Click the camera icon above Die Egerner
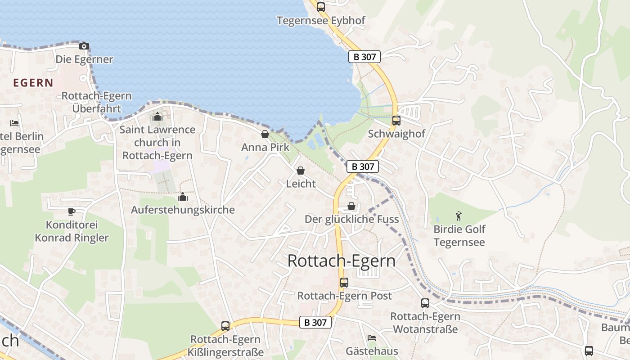(84, 46)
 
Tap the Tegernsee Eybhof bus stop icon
(320, 7)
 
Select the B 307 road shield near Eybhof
(364, 57)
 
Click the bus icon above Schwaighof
(396, 120)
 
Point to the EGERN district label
(33, 83)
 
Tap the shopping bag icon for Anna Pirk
(265, 134)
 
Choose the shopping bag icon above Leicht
(300, 171)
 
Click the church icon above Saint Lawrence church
(157, 117)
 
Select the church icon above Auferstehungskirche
(183, 197)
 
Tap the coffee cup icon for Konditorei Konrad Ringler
(72, 211)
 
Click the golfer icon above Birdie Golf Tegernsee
(459, 216)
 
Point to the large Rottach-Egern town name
(342, 261)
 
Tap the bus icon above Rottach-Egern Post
(344, 283)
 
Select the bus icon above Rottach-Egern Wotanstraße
(425, 303)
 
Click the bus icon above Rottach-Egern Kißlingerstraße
(225, 326)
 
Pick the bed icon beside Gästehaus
(372, 337)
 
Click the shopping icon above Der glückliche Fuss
(351, 206)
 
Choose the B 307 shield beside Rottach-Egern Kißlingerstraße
(315, 322)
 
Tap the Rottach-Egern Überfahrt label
(97, 102)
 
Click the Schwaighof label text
(396, 134)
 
